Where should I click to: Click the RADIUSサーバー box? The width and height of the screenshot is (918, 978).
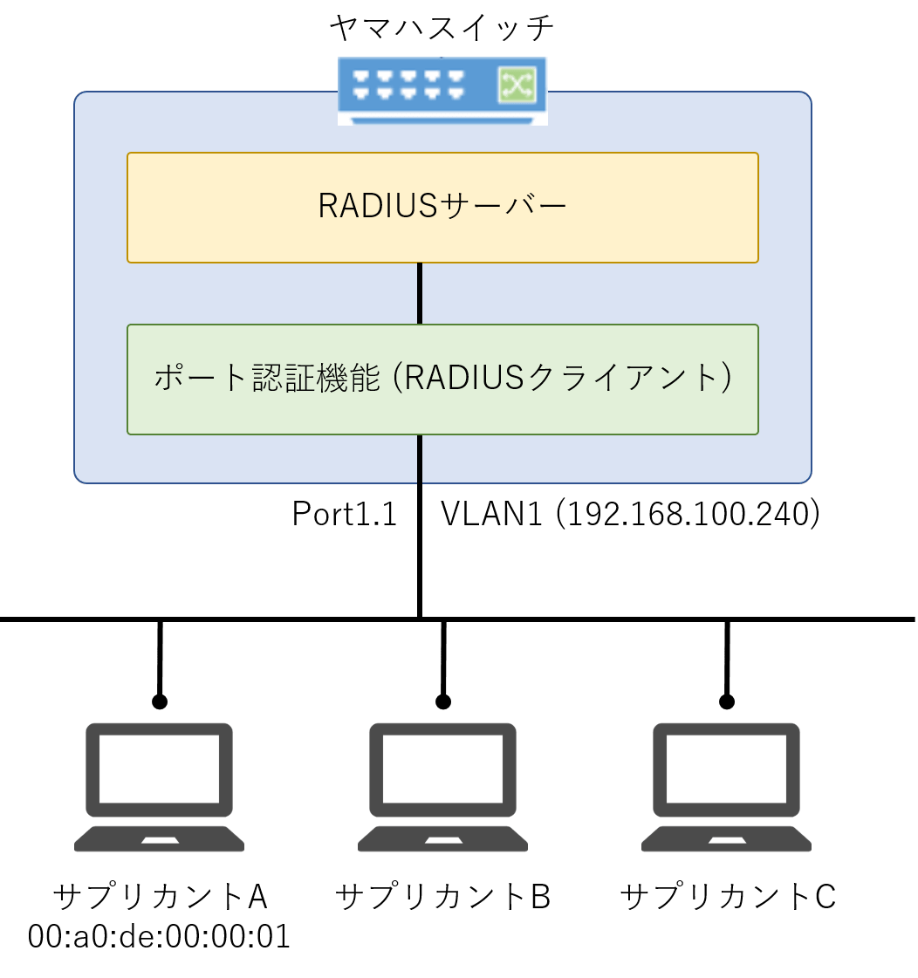442,207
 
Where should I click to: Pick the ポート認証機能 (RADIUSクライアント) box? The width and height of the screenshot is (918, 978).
442,379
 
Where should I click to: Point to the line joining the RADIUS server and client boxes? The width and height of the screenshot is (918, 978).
420,293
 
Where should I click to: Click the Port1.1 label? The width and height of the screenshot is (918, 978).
345,514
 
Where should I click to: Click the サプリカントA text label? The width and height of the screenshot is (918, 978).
159,896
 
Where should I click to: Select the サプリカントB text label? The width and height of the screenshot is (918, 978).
442,896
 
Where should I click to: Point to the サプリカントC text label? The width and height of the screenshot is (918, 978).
727,896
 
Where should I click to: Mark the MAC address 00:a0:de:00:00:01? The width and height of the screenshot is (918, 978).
159,937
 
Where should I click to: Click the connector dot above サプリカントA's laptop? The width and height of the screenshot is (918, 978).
159,701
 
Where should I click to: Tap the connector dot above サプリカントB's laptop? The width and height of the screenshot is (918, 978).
442,701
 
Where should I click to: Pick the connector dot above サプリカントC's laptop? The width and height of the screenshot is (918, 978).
726,701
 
